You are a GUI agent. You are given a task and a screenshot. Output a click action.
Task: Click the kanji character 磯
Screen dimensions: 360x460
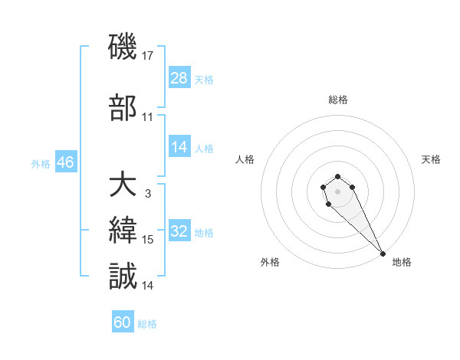pyautogui.click(x=123, y=48)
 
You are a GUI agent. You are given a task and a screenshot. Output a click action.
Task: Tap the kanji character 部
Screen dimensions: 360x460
pyautogui.click(x=123, y=107)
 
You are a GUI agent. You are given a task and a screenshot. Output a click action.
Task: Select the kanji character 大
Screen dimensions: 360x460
pyautogui.click(x=123, y=185)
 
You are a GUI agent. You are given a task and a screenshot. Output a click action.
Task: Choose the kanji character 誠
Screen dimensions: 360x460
pyautogui.click(x=123, y=276)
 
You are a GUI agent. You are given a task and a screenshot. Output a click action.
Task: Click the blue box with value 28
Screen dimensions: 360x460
pyautogui.click(x=179, y=78)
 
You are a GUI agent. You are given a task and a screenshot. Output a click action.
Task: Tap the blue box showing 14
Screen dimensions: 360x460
pyautogui.click(x=179, y=147)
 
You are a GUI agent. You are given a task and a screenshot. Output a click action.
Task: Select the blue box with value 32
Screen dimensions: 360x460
pyautogui.click(x=179, y=232)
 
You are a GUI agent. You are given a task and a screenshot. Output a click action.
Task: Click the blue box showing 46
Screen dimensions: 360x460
pyautogui.click(x=65, y=162)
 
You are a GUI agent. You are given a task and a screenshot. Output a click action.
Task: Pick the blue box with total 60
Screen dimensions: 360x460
pyautogui.click(x=123, y=322)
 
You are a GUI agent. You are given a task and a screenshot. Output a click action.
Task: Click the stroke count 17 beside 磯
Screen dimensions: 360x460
pyautogui.click(x=148, y=56)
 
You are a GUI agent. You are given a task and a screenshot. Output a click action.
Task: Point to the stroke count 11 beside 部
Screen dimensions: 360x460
pyautogui.click(x=148, y=117)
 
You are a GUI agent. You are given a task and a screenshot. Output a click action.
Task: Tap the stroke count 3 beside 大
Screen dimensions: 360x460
pyautogui.click(x=147, y=194)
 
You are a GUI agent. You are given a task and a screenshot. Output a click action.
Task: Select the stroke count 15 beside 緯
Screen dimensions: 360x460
pyautogui.click(x=148, y=240)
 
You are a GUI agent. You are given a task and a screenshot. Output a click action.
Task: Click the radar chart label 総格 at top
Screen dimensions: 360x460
pyautogui.click(x=338, y=100)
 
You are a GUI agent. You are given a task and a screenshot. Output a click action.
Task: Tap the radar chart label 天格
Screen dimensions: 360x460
pyautogui.click(x=431, y=159)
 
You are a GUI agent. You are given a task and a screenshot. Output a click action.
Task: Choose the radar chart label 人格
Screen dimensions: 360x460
pyautogui.click(x=245, y=159)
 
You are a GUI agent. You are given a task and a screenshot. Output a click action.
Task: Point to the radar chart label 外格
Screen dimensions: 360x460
pyautogui.click(x=270, y=262)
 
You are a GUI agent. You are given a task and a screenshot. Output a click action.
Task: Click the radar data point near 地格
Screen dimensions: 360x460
pyautogui.click(x=383, y=254)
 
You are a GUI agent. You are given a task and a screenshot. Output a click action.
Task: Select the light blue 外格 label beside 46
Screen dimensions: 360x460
pyautogui.click(x=40, y=163)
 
